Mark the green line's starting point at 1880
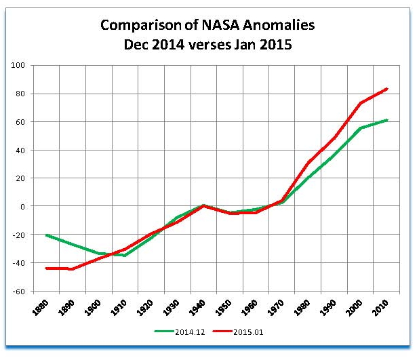click(46, 235)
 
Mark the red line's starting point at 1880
click(46, 268)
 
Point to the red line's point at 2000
click(361, 103)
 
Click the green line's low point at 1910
click(125, 256)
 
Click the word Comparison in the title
click(132, 26)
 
